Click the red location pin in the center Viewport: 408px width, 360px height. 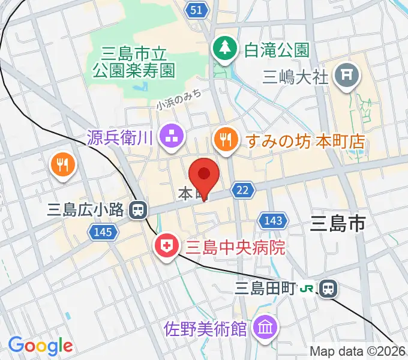click(203, 175)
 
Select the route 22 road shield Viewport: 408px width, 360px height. click(242, 190)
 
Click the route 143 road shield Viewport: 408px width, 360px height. click(273, 221)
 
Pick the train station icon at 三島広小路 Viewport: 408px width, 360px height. click(139, 209)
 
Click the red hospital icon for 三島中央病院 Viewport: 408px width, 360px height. click(165, 246)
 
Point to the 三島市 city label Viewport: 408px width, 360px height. click(338, 225)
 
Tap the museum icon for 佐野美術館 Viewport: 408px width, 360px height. click(264, 328)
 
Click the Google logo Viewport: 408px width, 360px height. click(40, 346)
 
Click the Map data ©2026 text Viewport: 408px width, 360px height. click(358, 351)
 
